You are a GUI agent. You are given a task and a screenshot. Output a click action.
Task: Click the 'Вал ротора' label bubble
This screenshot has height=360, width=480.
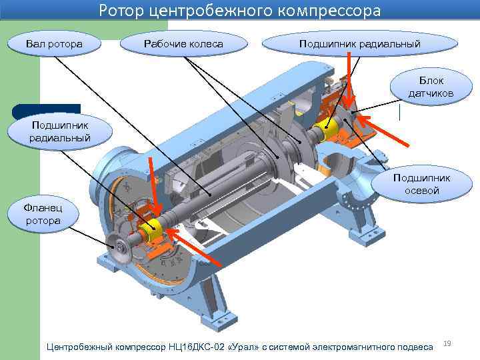pyautogui.click(x=55, y=44)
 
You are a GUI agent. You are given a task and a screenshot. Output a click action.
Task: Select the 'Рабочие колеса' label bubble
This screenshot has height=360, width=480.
pyautogui.click(x=183, y=44)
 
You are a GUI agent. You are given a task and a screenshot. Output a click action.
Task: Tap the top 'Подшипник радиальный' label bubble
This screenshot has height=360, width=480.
pyautogui.click(x=360, y=44)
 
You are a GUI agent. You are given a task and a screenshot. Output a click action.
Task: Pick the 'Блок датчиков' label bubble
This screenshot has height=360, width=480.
pyautogui.click(x=431, y=87)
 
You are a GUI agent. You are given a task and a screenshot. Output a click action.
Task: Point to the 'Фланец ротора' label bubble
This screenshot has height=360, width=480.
pyautogui.click(x=43, y=214)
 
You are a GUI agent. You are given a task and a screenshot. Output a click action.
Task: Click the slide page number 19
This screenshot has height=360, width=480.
pyautogui.click(x=447, y=343)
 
